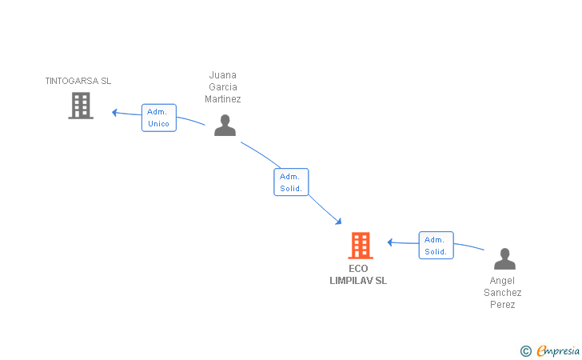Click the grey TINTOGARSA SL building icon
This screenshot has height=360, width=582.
(81, 106)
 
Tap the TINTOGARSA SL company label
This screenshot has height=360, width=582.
(78, 81)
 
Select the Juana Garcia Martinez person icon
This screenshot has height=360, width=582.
(225, 126)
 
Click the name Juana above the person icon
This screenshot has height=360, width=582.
(223, 75)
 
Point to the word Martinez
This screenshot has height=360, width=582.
(223, 99)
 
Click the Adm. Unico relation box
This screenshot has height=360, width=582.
(158, 118)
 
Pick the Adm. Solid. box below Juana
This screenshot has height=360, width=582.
(291, 182)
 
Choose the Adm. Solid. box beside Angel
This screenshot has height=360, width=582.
(436, 246)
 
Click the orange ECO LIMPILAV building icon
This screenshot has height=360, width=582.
(361, 246)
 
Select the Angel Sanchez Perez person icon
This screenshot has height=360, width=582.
(504, 259)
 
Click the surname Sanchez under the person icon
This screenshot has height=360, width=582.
(503, 293)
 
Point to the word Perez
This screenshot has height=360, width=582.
(503, 305)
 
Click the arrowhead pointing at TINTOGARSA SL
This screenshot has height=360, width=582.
(115, 112)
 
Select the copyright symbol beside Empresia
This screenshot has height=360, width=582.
(525, 350)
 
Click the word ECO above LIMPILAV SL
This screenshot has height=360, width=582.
(358, 269)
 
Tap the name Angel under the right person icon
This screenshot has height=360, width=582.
(503, 281)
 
